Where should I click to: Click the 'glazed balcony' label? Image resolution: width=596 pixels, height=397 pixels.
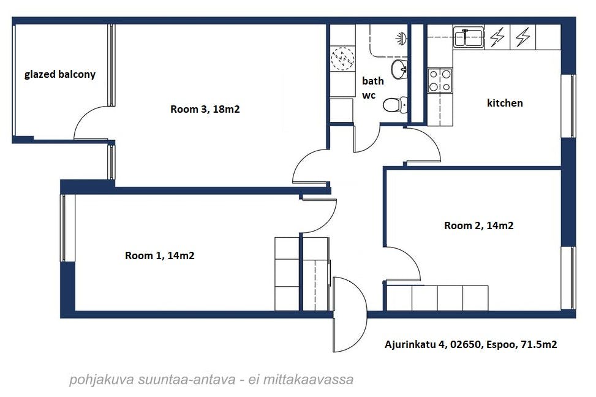[59, 75]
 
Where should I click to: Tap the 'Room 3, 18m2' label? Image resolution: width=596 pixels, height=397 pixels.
[205, 110]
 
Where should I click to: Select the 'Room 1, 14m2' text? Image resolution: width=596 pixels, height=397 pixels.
[160, 255]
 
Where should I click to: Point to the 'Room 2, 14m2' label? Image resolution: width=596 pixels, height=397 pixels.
[479, 225]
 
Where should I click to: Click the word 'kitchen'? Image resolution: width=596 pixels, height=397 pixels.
[505, 103]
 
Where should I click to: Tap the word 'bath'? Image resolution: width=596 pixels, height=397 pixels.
[373, 81]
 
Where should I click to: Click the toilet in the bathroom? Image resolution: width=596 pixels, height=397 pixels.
[395, 105]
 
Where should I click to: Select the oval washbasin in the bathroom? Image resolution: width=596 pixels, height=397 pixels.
[399, 69]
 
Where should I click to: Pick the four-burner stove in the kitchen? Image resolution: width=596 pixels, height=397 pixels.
[440, 80]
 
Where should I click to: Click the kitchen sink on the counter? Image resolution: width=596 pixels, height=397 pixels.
[468, 37]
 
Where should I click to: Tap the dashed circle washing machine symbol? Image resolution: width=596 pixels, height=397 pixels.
[343, 59]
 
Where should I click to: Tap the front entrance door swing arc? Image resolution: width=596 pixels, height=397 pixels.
[366, 314]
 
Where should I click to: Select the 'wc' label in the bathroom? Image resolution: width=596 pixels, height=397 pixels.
[369, 95]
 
